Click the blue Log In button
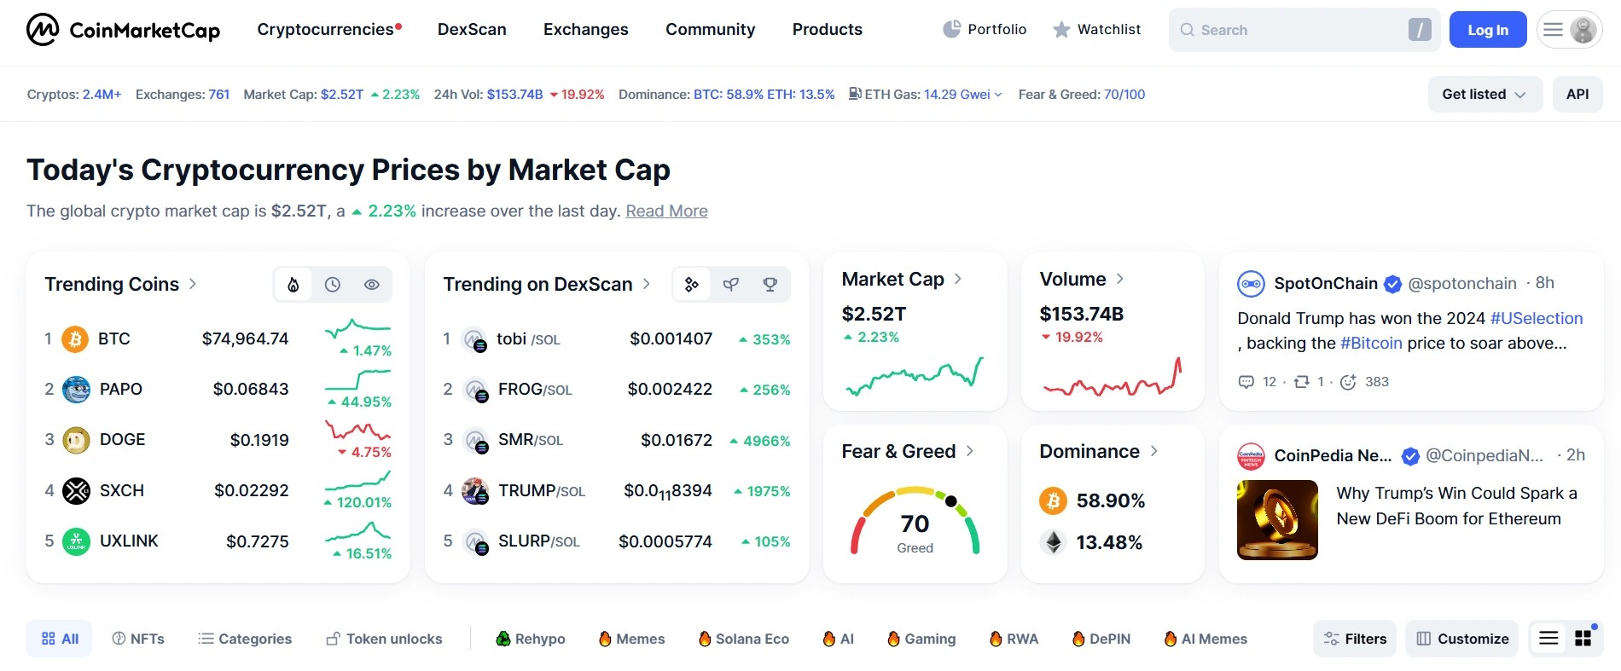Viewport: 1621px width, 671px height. (1487, 30)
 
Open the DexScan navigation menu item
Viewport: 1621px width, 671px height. (472, 30)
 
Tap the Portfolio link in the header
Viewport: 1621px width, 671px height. (985, 30)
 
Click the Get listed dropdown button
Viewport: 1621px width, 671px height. (1484, 95)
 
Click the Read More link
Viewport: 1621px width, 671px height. (666, 211)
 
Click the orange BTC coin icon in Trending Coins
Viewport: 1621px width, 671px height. (75, 339)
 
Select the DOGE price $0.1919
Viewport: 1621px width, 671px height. (259, 440)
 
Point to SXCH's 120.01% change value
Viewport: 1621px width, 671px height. (363, 503)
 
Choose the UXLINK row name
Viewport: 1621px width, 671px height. (129, 541)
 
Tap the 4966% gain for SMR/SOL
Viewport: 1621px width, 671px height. (766, 442)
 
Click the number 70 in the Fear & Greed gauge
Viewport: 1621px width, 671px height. (915, 523)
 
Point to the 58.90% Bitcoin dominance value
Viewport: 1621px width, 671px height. (1110, 501)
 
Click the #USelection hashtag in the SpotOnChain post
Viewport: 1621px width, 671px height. (1536, 319)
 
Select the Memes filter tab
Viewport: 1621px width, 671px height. (631, 639)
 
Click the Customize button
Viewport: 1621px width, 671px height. (1461, 639)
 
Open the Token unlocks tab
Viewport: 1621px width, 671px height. (384, 639)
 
